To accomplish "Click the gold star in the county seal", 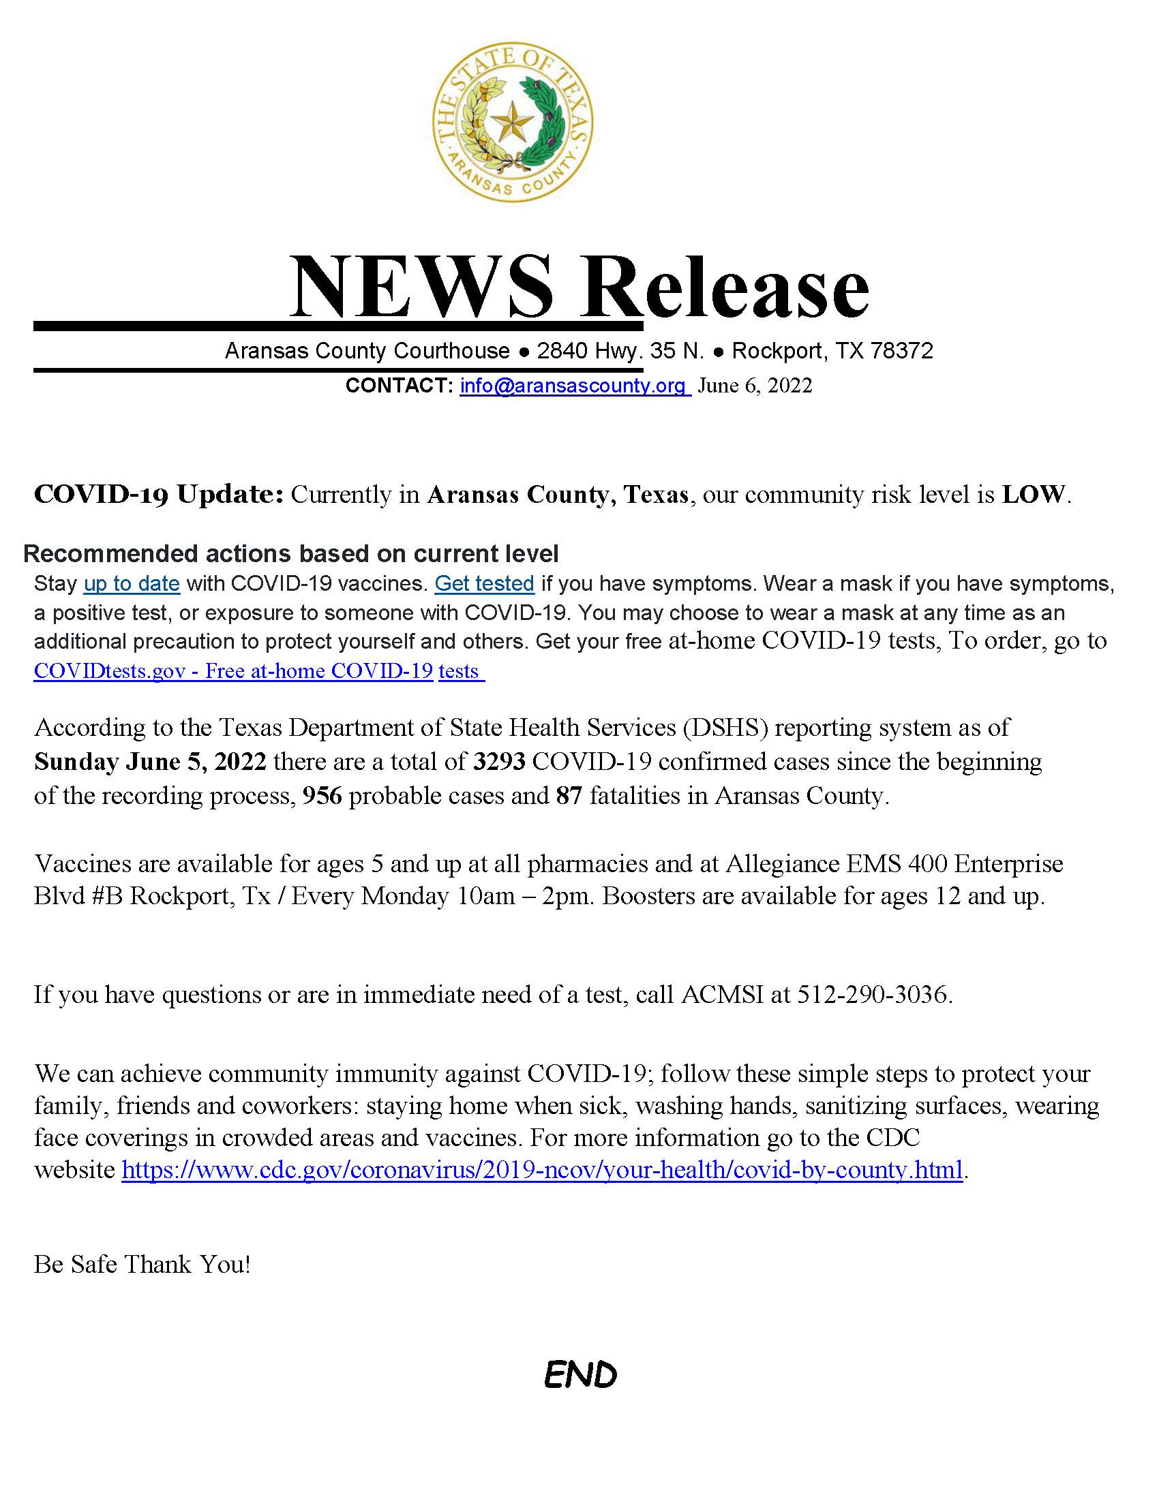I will click(x=513, y=123).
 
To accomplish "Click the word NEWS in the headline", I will click(x=420, y=286).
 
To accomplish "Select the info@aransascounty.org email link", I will click(x=573, y=386).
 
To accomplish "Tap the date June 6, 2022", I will click(x=755, y=386).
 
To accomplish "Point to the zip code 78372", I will click(x=901, y=351).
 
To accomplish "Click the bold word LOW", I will click(x=1034, y=494).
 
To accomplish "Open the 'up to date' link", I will click(x=132, y=583).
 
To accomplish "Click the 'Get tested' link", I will click(x=484, y=583).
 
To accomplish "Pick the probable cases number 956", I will click(x=322, y=795).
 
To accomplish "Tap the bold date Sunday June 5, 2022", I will click(x=150, y=761).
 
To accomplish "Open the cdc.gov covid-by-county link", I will click(x=542, y=1169).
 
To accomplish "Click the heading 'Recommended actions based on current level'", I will click(x=290, y=553).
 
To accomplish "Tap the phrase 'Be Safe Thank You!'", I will click(x=142, y=1264).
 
